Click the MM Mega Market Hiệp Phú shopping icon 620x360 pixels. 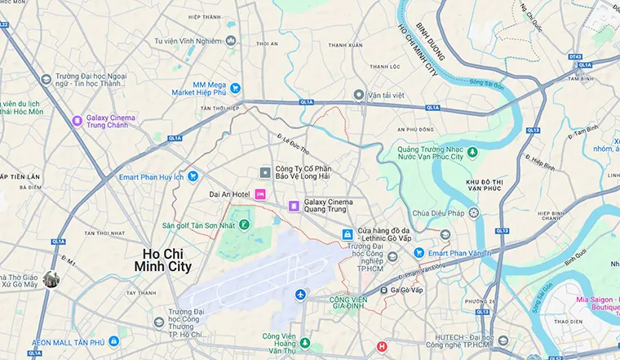235,88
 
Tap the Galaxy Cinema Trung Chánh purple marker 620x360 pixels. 77,121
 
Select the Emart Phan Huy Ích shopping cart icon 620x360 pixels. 193,176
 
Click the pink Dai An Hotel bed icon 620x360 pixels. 260,193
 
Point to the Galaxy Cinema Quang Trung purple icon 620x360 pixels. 293,204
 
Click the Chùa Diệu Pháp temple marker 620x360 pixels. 473,213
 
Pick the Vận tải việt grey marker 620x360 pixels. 360,95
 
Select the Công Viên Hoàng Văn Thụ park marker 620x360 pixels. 304,343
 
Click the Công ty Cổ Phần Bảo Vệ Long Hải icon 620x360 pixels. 264,172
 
